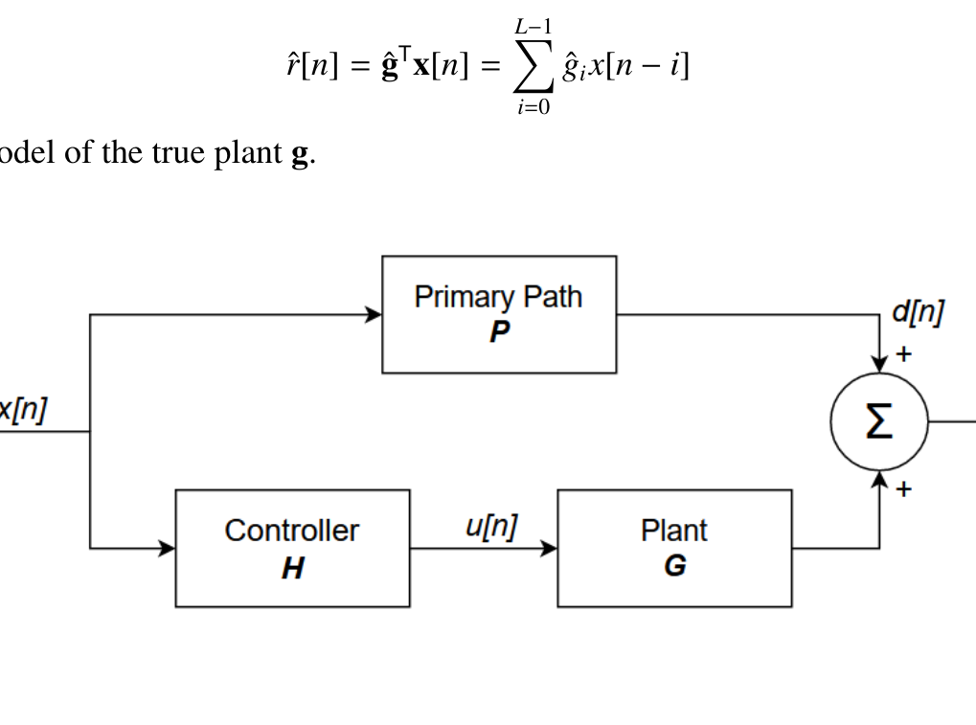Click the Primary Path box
tap(498, 314)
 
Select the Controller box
tap(292, 548)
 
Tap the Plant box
tap(674, 548)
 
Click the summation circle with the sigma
tap(879, 422)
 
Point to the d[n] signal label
tap(918, 312)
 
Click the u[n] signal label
tap(490, 527)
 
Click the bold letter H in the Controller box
tap(292, 569)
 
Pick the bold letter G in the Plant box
tap(674, 567)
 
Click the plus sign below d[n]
tap(903, 354)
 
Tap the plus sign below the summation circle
tap(903, 489)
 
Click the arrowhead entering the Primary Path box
tap(375, 314)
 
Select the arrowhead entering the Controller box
tap(168, 549)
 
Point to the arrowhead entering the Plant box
tap(550, 549)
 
